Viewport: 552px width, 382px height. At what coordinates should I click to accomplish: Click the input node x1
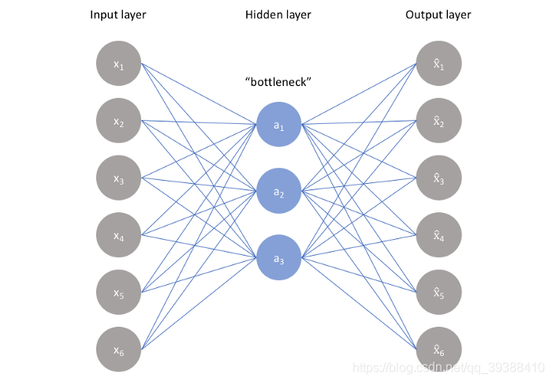tap(118, 65)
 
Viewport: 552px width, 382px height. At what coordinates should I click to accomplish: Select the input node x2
tap(118, 122)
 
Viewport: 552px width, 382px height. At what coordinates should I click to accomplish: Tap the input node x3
tap(118, 178)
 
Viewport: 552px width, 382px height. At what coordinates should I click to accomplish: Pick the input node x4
tap(118, 235)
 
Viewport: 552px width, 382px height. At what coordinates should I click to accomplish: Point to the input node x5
tap(118, 292)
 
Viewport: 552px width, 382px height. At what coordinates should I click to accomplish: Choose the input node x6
tap(118, 349)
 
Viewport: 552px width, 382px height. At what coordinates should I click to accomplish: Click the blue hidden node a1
tap(278, 125)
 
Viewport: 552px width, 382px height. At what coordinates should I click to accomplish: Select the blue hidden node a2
tap(278, 191)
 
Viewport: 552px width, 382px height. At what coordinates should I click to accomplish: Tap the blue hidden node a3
tap(278, 257)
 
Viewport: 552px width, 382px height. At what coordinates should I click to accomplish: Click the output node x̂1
tap(438, 65)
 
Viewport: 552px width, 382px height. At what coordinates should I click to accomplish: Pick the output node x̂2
tap(438, 122)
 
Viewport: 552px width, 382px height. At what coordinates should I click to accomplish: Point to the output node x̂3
tap(438, 178)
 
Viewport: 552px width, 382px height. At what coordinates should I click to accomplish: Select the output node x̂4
tap(438, 235)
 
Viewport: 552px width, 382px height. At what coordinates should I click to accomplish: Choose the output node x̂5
tap(438, 292)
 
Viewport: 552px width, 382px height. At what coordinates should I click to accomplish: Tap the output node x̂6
tap(438, 349)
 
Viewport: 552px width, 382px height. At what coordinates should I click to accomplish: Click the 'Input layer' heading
tap(118, 15)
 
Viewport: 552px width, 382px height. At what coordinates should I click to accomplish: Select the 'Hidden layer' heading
tap(278, 15)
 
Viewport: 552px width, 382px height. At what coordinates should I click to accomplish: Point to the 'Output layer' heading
tap(438, 15)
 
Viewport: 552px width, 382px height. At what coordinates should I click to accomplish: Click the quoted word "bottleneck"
tap(278, 82)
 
